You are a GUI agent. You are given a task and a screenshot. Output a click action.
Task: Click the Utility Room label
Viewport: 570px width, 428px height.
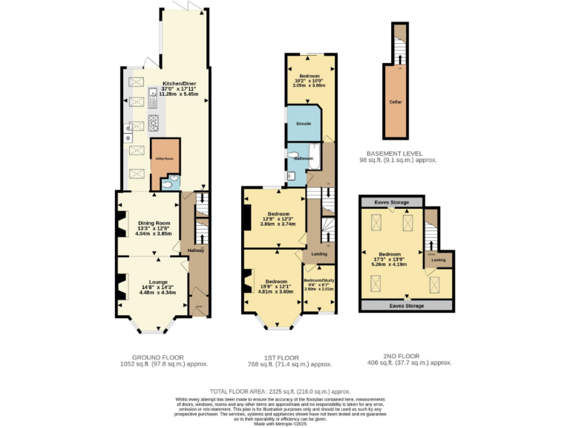164,158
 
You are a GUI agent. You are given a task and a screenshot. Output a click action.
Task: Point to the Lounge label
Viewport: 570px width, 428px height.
157,282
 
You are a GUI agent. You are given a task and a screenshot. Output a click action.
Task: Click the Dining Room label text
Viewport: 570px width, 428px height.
154,222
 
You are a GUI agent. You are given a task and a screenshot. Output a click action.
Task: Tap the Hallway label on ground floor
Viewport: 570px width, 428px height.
195,250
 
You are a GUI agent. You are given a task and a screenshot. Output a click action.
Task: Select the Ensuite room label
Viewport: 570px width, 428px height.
303,123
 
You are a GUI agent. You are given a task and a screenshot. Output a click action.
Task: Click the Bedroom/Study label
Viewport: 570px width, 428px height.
319,280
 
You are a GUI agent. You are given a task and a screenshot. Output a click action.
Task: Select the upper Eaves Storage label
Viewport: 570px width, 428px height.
390,201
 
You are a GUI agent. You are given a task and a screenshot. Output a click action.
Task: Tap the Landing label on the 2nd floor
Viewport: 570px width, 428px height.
439,259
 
